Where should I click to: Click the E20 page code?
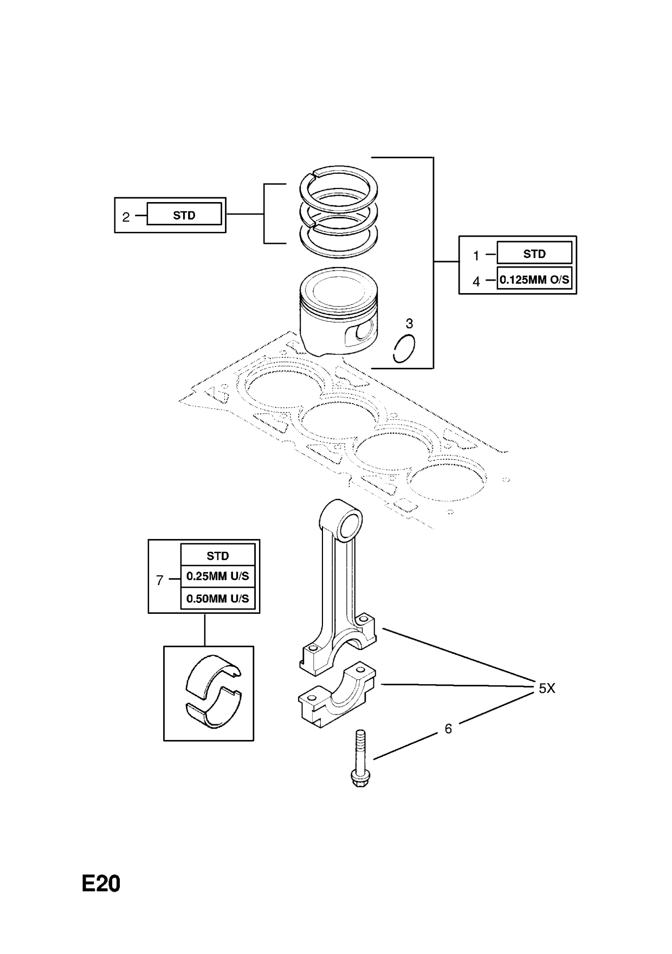coord(101,884)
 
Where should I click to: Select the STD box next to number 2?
coord(184,215)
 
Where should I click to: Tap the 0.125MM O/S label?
coord(534,280)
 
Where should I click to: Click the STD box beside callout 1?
coord(534,254)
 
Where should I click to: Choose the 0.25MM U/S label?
coord(217,576)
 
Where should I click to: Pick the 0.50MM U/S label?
coord(217,599)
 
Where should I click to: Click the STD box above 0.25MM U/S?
coord(217,556)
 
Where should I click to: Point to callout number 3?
coord(409,323)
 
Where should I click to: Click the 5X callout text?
coord(546,688)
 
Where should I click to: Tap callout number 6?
coord(448,729)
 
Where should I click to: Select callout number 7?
coord(159,580)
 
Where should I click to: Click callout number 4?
coord(476,282)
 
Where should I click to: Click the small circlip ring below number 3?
coord(404,349)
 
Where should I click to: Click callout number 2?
coord(126,217)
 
